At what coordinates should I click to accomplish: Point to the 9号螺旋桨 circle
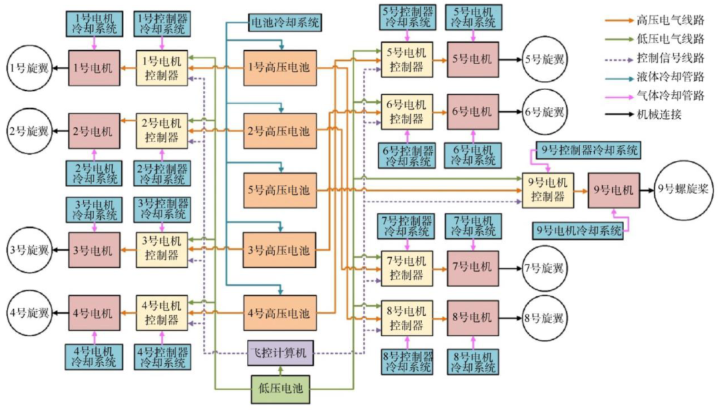click(682, 188)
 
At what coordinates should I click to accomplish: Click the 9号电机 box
click(614, 189)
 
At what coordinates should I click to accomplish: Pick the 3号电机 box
click(94, 250)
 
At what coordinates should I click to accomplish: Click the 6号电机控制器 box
click(407, 112)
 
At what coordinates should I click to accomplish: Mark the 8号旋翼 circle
click(543, 319)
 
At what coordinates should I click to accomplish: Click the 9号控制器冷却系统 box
click(588, 150)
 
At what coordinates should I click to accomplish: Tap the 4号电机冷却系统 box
click(94, 356)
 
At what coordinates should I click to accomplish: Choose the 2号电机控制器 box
click(160, 130)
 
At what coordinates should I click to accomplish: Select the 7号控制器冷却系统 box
click(407, 226)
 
